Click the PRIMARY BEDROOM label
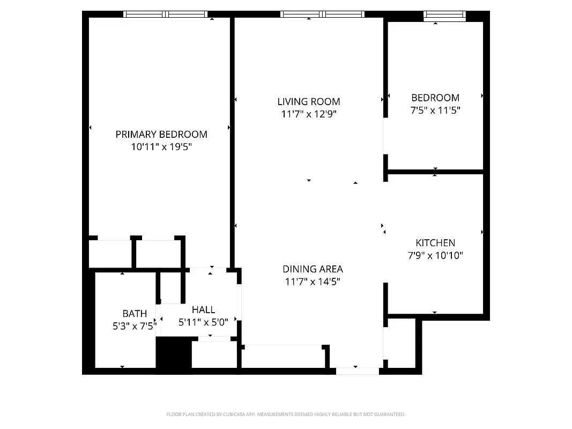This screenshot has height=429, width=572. coord(161,135)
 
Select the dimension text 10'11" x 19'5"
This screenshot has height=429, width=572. coord(161,146)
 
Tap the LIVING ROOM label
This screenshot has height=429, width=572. coord(309,101)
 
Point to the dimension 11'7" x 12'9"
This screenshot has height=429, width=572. coord(309,114)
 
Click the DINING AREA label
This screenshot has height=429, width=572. coord(313,269)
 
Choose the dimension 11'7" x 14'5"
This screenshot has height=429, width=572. coord(313,281)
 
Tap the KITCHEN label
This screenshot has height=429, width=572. coord(435,243)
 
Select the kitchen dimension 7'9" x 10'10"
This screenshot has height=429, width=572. coord(435,255)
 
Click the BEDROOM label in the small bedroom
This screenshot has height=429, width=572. coord(435,98)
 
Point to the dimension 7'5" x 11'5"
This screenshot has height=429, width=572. coord(435,110)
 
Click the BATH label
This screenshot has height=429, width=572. coord(135,314)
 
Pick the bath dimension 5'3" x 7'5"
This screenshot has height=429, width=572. coord(135,325)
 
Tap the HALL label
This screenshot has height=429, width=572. coord(204,309)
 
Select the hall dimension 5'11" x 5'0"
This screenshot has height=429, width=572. coord(204,322)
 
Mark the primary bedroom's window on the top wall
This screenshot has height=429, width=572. coord(165,14)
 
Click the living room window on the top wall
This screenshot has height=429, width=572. coord(323,14)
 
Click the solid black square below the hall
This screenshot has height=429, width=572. coord(173,352)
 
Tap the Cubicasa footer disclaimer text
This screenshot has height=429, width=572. coord(286,415)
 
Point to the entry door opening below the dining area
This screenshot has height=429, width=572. coord(357,371)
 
